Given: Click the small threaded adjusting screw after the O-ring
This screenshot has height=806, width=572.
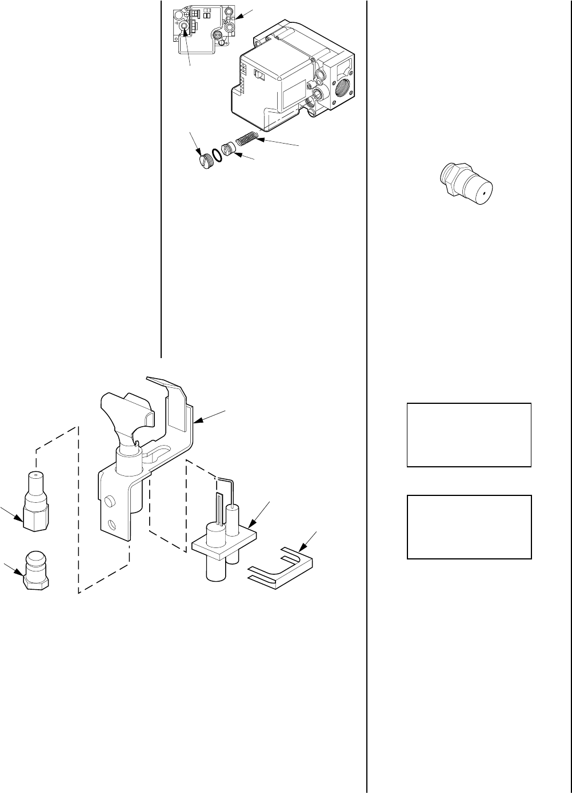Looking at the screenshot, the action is coord(229,150).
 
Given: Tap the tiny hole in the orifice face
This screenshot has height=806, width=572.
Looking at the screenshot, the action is coord(482,193).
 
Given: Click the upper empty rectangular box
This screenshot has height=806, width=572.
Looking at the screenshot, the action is coord(469,435).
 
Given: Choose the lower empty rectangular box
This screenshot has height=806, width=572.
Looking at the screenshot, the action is coord(469,526).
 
